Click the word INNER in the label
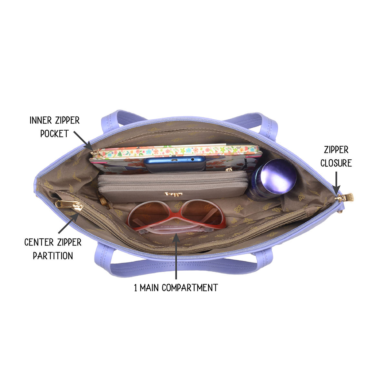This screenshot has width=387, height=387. (41, 121)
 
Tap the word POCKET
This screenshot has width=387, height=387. (55, 134)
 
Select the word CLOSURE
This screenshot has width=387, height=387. (336, 163)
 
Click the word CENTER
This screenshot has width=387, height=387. (39, 243)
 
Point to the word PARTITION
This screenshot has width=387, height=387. (53, 256)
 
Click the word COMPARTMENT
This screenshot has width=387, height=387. (190, 288)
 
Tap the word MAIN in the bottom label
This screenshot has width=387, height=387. (149, 288)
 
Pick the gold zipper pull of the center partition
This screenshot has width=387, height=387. (69, 205)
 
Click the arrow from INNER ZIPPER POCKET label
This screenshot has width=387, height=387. (83, 141)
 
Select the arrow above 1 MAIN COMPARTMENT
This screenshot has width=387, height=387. (176, 256)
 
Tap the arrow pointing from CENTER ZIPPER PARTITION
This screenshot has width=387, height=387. (69, 223)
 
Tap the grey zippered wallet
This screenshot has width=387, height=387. (173, 186)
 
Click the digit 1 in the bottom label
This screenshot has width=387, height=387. (136, 288)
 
